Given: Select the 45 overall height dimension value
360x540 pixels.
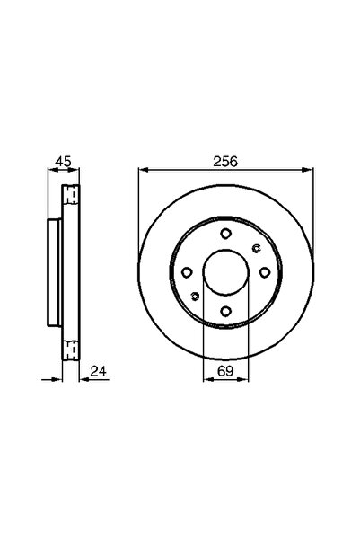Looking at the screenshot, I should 62,162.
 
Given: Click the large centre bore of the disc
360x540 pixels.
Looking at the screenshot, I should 226,272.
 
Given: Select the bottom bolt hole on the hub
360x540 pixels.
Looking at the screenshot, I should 226,312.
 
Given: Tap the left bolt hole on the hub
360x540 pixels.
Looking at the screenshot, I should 187,272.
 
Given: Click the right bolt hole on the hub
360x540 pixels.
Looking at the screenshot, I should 266,274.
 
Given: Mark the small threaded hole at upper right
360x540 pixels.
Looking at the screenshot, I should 255,249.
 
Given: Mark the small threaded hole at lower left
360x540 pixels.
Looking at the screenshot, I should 197,297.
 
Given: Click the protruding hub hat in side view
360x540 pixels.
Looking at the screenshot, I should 53,273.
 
